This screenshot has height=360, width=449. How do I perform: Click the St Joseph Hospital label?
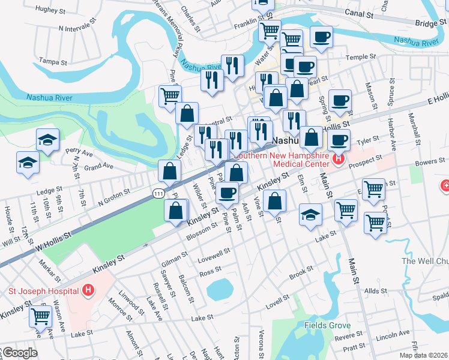(43, 292)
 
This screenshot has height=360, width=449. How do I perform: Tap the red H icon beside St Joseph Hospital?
(89, 292)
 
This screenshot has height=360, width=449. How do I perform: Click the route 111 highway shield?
(157, 190)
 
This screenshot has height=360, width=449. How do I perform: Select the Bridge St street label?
(430, 22)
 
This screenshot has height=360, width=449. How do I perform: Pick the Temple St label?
(360, 58)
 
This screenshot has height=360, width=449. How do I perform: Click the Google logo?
(19, 353)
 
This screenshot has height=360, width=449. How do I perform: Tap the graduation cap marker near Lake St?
(310, 214)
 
